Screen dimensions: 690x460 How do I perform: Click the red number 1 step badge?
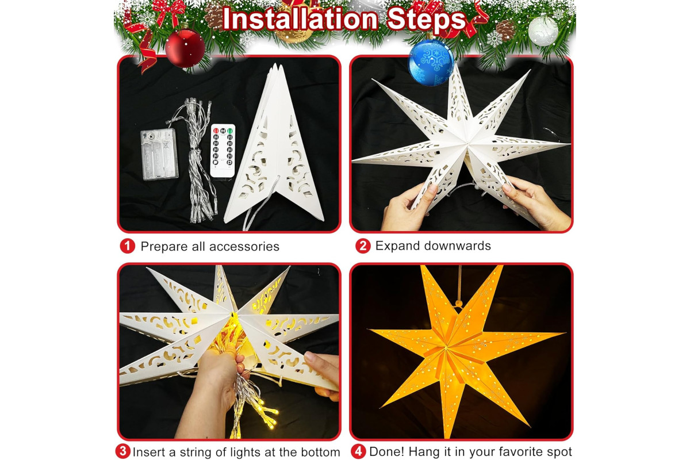click(128, 246)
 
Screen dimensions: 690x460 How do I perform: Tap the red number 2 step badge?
click(363, 246)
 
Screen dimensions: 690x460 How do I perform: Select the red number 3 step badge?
click(123, 451)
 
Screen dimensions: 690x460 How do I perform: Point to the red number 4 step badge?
click(358, 451)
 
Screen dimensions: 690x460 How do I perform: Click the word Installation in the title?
click(300, 19)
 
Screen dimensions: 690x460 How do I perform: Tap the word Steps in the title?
click(427, 19)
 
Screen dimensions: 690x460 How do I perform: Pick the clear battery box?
click(159, 154)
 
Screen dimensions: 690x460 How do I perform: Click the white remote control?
click(223, 151)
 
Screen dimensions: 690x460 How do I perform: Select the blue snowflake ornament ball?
click(431, 62)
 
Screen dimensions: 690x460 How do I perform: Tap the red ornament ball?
click(185, 48)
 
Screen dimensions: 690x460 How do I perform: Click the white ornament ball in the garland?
click(543, 31)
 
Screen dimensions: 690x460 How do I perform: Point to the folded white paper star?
click(274, 145)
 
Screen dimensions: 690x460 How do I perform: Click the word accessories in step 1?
click(244, 247)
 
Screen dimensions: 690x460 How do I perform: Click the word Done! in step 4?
click(387, 452)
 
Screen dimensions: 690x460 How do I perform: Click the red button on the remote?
click(216, 131)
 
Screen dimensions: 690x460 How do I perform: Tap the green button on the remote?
click(230, 131)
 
